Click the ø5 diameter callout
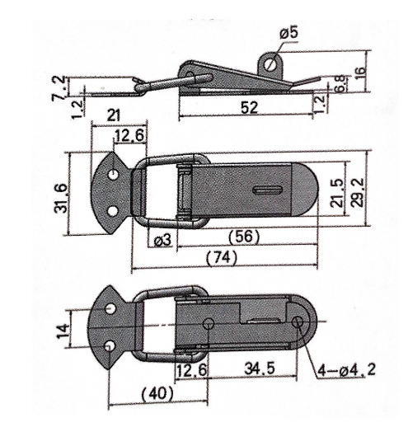tap(288, 33)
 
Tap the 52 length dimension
tap(249, 107)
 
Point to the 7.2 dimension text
tap(59, 88)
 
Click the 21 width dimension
tap(113, 115)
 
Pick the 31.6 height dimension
tap(61, 198)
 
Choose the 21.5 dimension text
tap(337, 193)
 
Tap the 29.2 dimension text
tap(357, 192)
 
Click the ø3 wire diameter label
tap(162, 241)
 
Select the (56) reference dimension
tap(244, 237)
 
